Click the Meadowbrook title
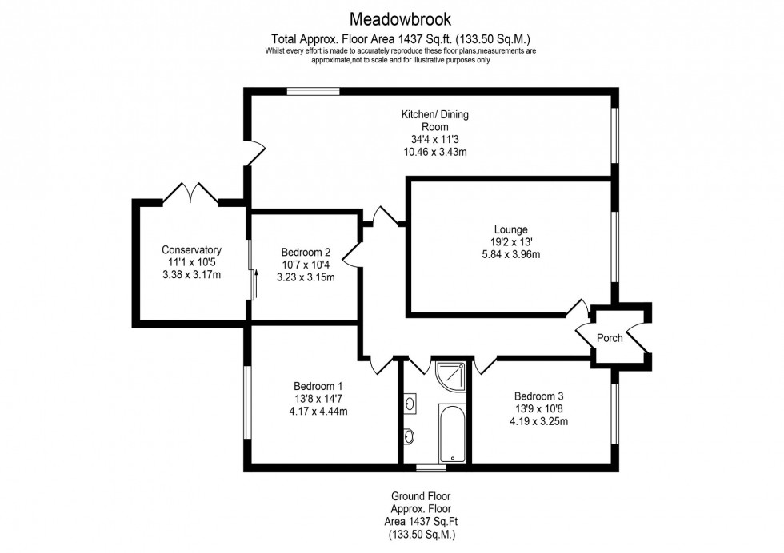(x=391, y=17)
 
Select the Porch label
(x=609, y=338)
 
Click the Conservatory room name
(x=191, y=249)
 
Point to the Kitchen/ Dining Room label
(x=434, y=121)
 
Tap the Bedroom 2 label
(x=305, y=250)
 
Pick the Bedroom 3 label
(x=544, y=396)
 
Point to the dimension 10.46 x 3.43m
(x=434, y=152)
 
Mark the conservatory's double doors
(x=191, y=193)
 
